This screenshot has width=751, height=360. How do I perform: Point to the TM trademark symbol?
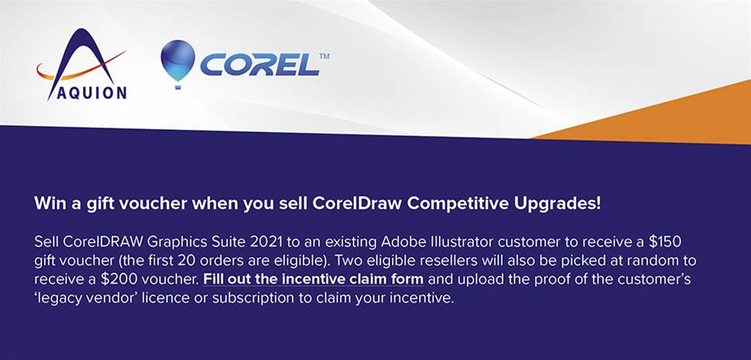[324, 56]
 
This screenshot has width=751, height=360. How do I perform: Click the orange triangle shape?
[670, 120]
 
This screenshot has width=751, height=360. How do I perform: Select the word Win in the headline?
[48, 204]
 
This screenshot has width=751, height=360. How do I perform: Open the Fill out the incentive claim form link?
[314, 279]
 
